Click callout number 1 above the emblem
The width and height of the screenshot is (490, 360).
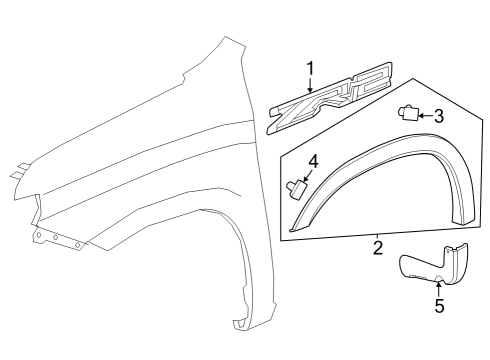coord(310,68)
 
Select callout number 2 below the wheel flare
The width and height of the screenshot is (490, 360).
coord(377,246)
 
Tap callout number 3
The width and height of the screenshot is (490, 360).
coord(438,116)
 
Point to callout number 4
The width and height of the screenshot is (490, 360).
coord(313,160)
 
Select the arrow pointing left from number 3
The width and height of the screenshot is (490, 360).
coord(424,116)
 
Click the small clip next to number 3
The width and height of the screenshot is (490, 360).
coord(409,113)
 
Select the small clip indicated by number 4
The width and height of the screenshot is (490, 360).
coord(296,187)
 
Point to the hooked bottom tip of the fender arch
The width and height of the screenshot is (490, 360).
coord(240,323)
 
